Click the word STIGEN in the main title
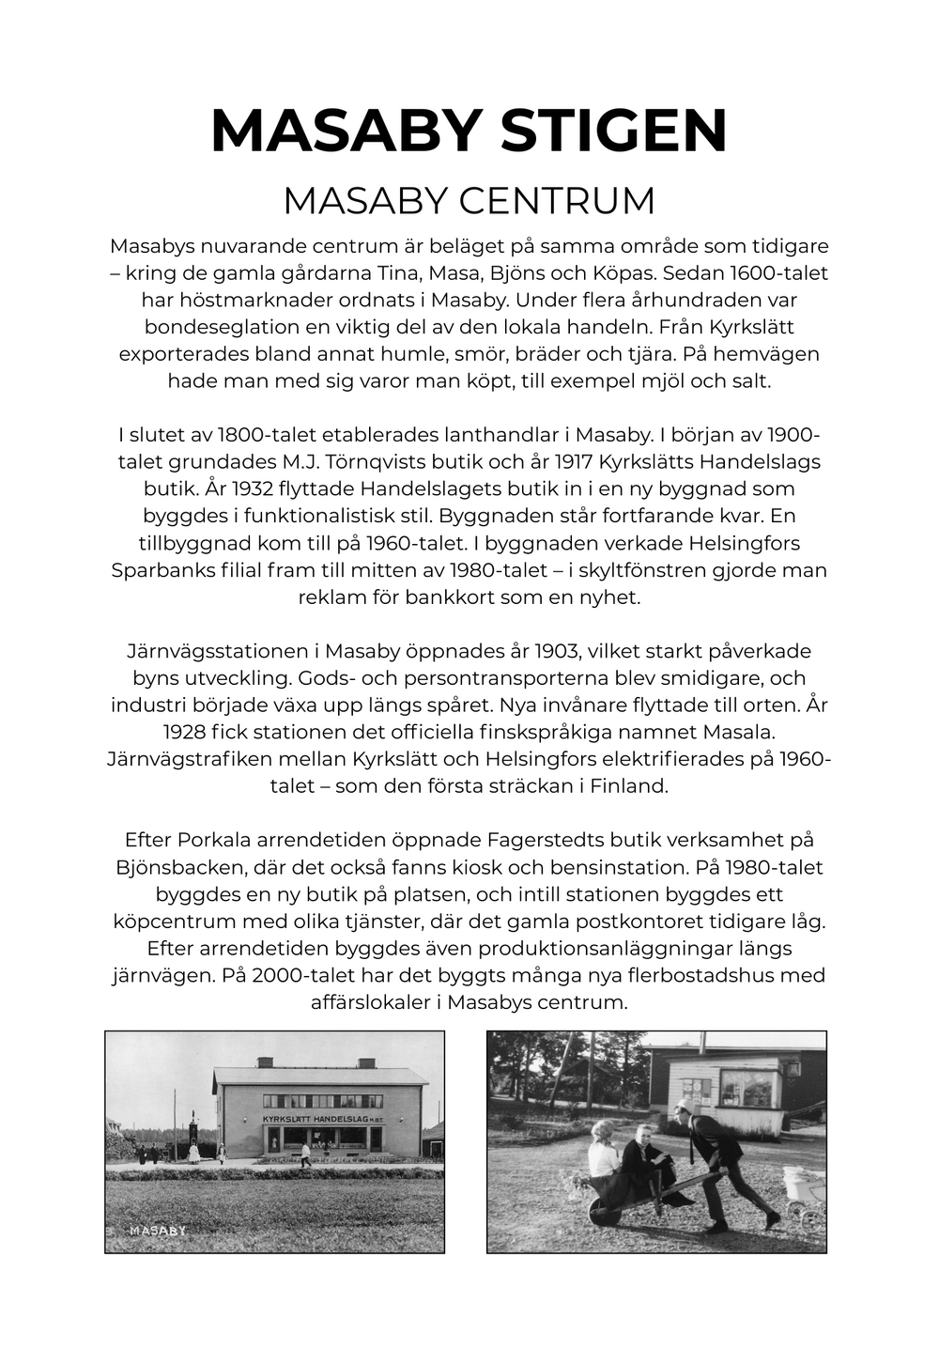point(614,131)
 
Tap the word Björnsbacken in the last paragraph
point(180,867)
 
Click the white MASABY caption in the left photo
point(158,1231)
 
